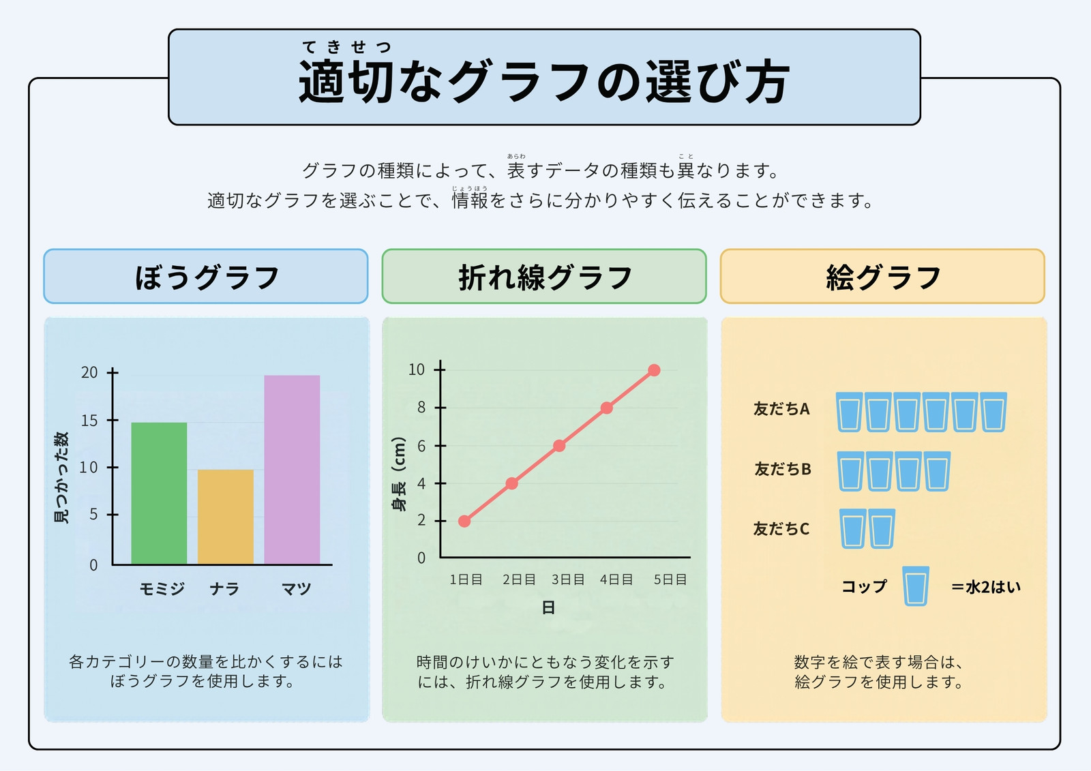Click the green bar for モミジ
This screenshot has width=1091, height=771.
tap(159, 494)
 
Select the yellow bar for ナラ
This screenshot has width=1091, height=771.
tap(226, 517)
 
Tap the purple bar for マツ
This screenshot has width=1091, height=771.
tap(292, 470)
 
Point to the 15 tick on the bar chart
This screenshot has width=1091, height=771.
tap(113, 421)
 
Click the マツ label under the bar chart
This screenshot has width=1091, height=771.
tap(296, 589)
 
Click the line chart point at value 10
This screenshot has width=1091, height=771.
tap(654, 370)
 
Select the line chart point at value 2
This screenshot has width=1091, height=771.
tap(464, 521)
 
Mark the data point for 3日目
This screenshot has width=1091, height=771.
tap(559, 446)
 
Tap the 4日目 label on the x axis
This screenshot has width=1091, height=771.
tap(616, 579)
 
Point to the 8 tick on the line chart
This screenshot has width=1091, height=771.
tap(440, 408)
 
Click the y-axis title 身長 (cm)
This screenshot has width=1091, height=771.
tap(399, 474)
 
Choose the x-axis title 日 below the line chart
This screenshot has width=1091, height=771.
tap(548, 607)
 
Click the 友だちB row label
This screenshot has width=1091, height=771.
tap(783, 469)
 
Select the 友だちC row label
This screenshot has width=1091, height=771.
tap(781, 528)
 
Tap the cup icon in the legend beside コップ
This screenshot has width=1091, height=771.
tap(916, 586)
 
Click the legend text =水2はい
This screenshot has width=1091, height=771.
tap(986, 588)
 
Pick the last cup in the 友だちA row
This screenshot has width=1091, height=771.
tap(993, 412)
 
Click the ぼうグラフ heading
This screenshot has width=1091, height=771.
tap(207, 277)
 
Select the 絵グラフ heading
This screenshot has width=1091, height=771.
tap(883, 277)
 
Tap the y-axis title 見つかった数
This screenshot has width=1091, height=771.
tap(61, 477)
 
